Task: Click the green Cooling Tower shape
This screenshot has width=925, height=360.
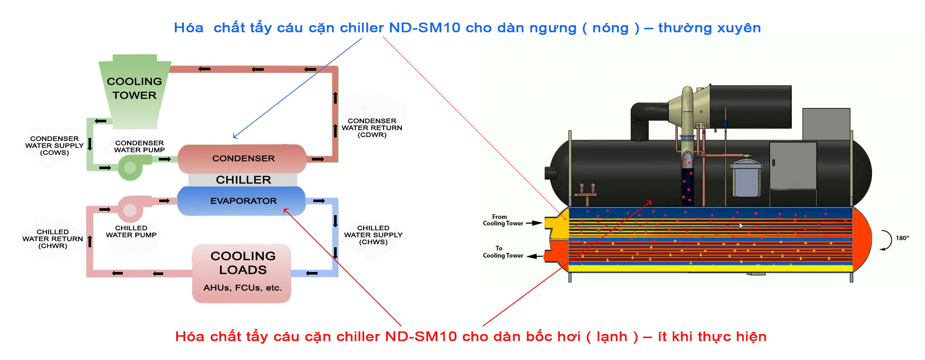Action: pos(134,91)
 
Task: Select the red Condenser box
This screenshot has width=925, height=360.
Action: pos(243,159)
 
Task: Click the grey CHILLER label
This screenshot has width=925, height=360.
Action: pos(243,180)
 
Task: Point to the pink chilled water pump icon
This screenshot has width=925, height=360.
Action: pos(130,210)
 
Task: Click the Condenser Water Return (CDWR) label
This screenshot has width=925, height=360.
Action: pos(372,128)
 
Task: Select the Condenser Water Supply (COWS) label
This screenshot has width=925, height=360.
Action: pos(54,146)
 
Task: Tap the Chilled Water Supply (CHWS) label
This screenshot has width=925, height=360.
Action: pos(373,235)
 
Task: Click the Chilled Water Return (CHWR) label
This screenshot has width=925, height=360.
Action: pos(52,239)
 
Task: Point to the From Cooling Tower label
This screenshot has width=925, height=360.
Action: pos(503,220)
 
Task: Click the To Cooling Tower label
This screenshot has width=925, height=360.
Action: pos(503,252)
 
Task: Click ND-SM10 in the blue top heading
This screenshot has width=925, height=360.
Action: pos(424,28)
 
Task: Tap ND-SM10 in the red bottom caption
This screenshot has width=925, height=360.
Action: pos(421,337)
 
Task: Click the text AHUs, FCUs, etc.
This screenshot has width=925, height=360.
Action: pos(243,288)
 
